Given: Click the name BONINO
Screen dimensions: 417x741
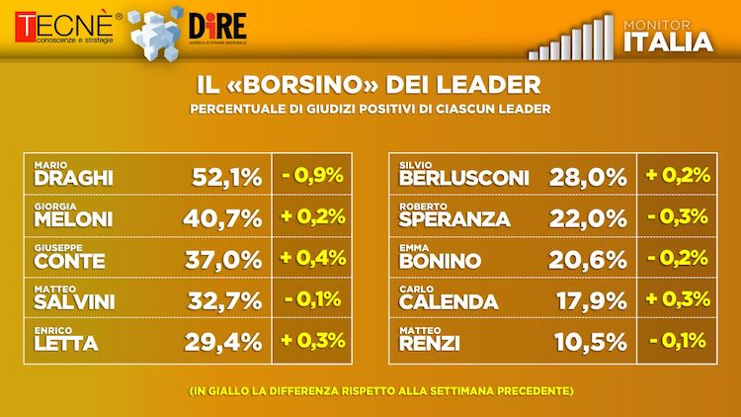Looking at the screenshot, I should pyautogui.click(x=440, y=262).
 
